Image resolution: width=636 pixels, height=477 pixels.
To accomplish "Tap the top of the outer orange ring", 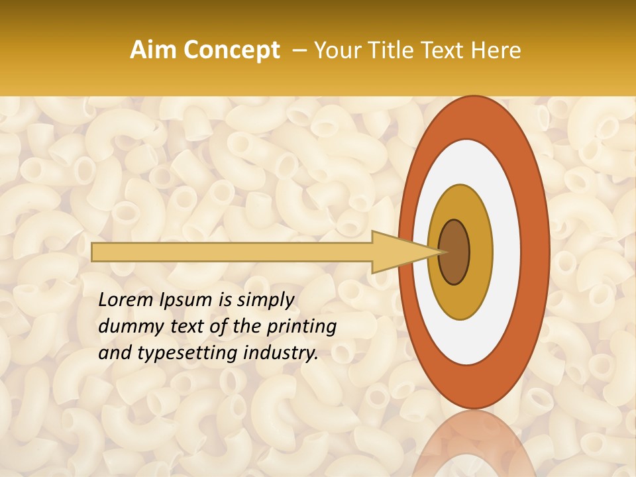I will point(473,116).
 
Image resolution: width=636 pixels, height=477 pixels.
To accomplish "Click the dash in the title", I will point(298,50).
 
